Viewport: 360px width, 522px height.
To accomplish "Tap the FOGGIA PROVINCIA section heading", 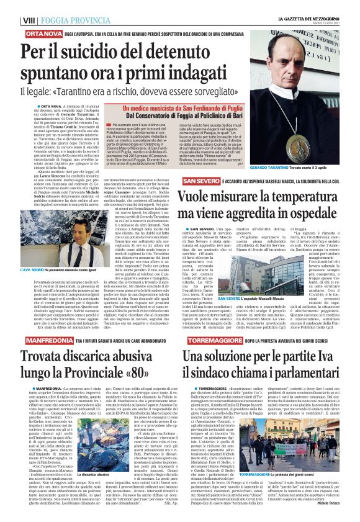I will click(76, 20).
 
